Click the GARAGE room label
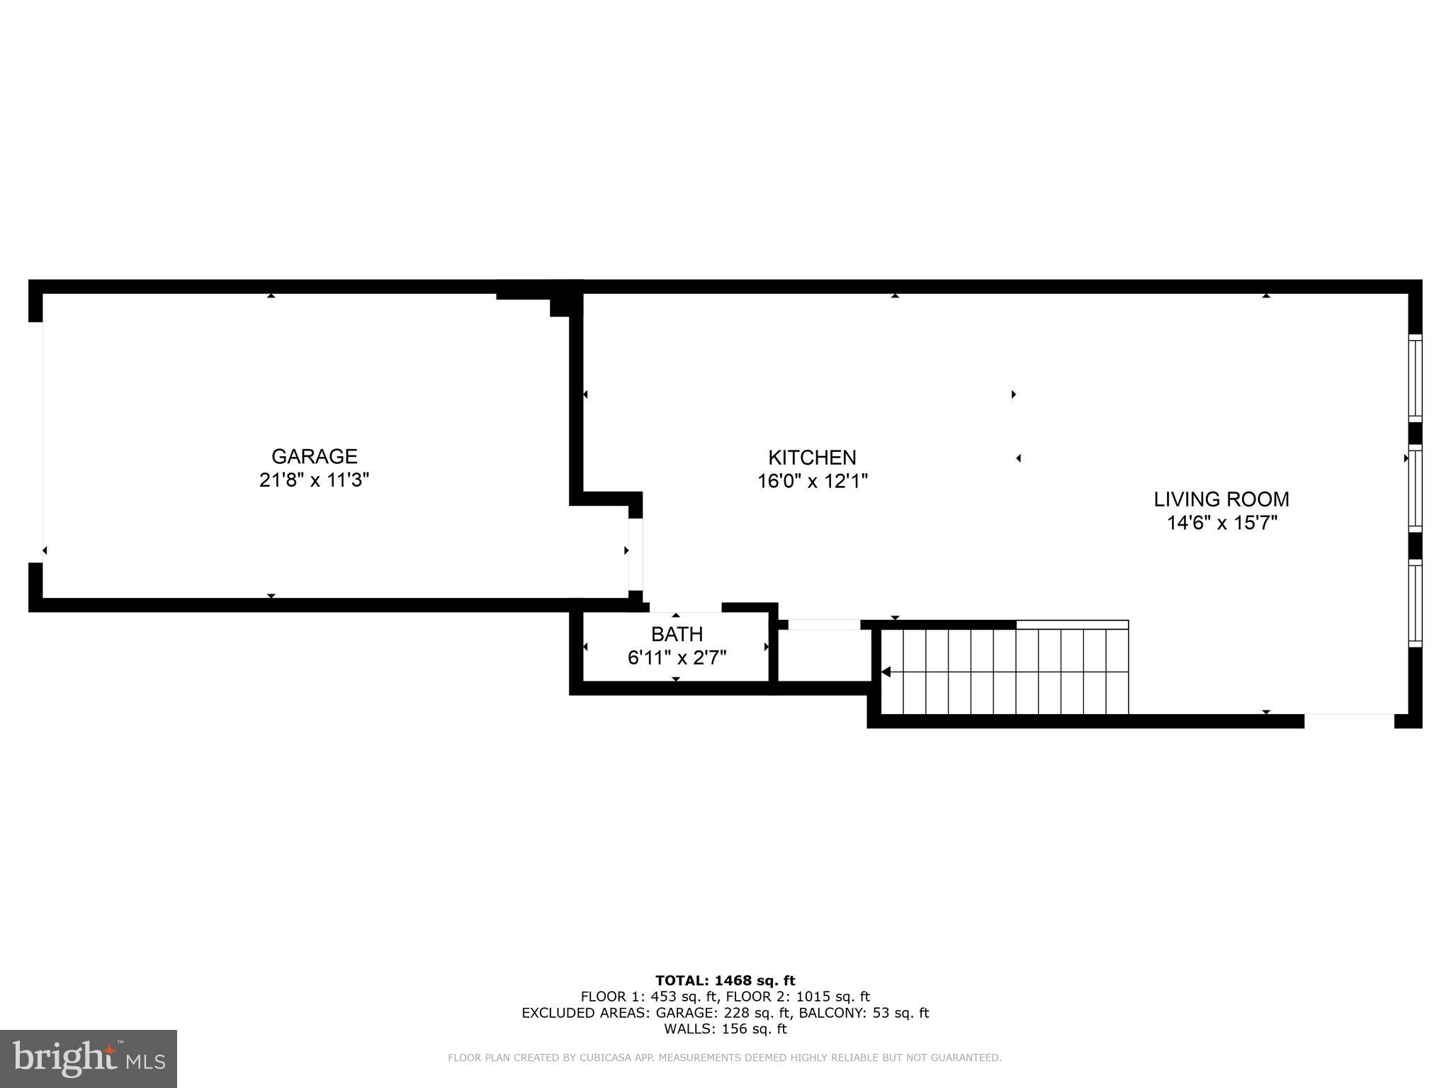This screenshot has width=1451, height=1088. point(314,456)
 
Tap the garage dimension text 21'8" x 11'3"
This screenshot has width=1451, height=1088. point(314,480)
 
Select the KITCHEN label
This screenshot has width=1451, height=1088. point(812,458)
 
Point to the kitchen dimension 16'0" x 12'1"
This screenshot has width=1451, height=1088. point(812,482)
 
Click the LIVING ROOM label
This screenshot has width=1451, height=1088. point(1221,499)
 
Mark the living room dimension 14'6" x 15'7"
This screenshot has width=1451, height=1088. point(1221,523)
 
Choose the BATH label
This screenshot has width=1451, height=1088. point(677,634)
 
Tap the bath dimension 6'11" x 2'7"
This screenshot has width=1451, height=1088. point(677,658)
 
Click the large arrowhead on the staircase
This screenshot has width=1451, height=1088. point(886,671)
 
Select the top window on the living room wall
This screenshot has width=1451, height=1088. point(1414,378)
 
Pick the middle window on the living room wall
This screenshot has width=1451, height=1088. point(1414,488)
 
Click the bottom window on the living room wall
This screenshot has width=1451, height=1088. point(1414,603)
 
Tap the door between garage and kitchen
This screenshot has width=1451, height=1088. point(636,555)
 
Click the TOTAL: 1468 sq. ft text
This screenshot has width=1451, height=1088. point(725,981)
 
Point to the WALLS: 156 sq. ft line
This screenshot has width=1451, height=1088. point(725,1029)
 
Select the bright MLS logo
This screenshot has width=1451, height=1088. point(89,1058)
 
